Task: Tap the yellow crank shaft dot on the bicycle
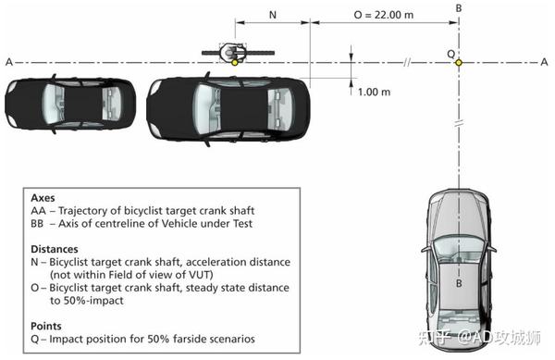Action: tap(235, 62)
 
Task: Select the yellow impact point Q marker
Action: tap(459, 62)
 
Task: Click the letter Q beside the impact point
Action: tap(450, 53)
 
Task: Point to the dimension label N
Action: tap(272, 16)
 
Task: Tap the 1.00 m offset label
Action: tap(375, 92)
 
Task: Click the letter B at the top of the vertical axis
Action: tap(459, 8)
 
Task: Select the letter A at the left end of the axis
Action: tap(8, 62)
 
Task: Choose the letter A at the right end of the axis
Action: tap(544, 62)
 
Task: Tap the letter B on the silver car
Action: tap(459, 284)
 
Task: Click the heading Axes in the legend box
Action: tap(43, 198)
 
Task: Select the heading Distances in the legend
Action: tap(55, 249)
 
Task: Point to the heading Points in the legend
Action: tap(47, 326)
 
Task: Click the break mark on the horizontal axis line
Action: tap(408, 62)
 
